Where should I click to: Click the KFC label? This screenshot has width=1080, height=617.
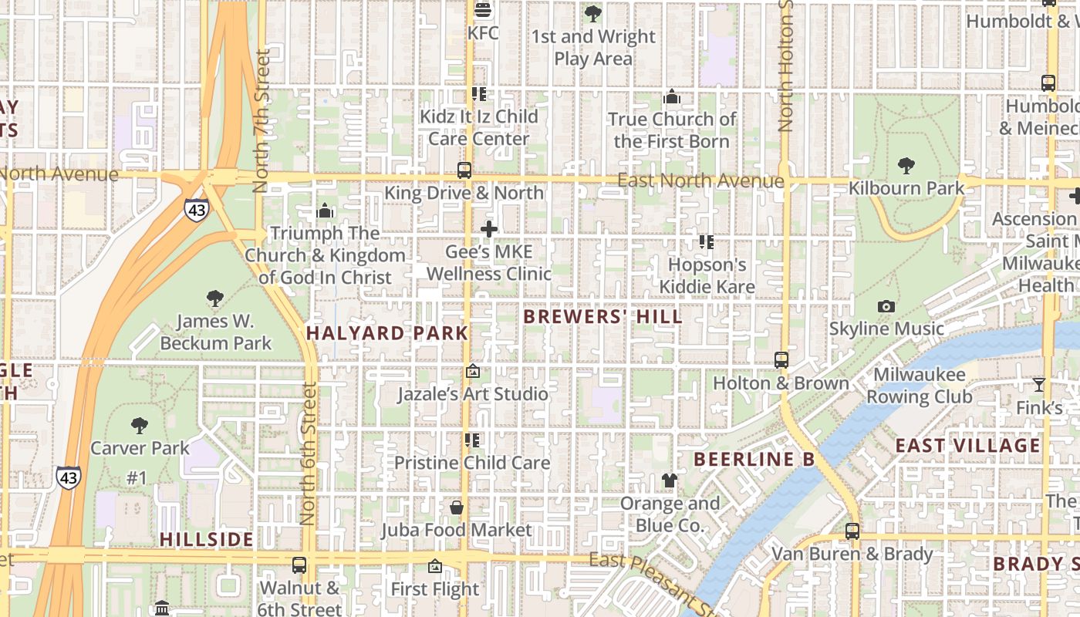(x=483, y=33)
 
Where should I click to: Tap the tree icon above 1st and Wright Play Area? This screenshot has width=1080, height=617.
(x=592, y=13)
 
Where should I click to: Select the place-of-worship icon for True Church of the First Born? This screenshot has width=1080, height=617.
(x=671, y=97)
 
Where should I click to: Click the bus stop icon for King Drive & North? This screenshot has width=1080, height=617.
(x=464, y=170)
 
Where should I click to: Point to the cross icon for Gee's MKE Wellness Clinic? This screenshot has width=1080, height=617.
(x=488, y=229)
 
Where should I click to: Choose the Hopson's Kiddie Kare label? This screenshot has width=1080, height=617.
(x=707, y=276)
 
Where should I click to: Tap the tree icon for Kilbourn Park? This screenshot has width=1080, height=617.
(x=906, y=165)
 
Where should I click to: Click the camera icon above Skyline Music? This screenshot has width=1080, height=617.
(x=886, y=306)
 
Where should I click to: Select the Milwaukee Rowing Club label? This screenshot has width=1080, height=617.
(x=919, y=386)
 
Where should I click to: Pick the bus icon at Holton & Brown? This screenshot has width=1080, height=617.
(x=781, y=360)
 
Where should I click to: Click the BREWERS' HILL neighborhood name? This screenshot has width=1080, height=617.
(x=602, y=317)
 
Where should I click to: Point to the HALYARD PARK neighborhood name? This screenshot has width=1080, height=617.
(x=386, y=333)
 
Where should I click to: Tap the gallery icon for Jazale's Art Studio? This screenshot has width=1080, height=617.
(x=472, y=372)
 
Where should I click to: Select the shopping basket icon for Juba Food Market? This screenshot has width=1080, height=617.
(x=457, y=507)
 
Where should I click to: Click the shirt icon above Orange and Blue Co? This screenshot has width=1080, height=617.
(x=669, y=480)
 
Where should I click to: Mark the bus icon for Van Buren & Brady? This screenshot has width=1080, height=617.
(x=852, y=531)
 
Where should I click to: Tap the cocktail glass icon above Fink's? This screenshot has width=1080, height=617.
(x=1039, y=384)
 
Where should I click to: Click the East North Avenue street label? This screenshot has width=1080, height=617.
(x=700, y=181)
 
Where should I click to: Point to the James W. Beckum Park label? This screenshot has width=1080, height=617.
(x=215, y=332)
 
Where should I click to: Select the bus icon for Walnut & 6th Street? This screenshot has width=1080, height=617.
(x=299, y=565)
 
